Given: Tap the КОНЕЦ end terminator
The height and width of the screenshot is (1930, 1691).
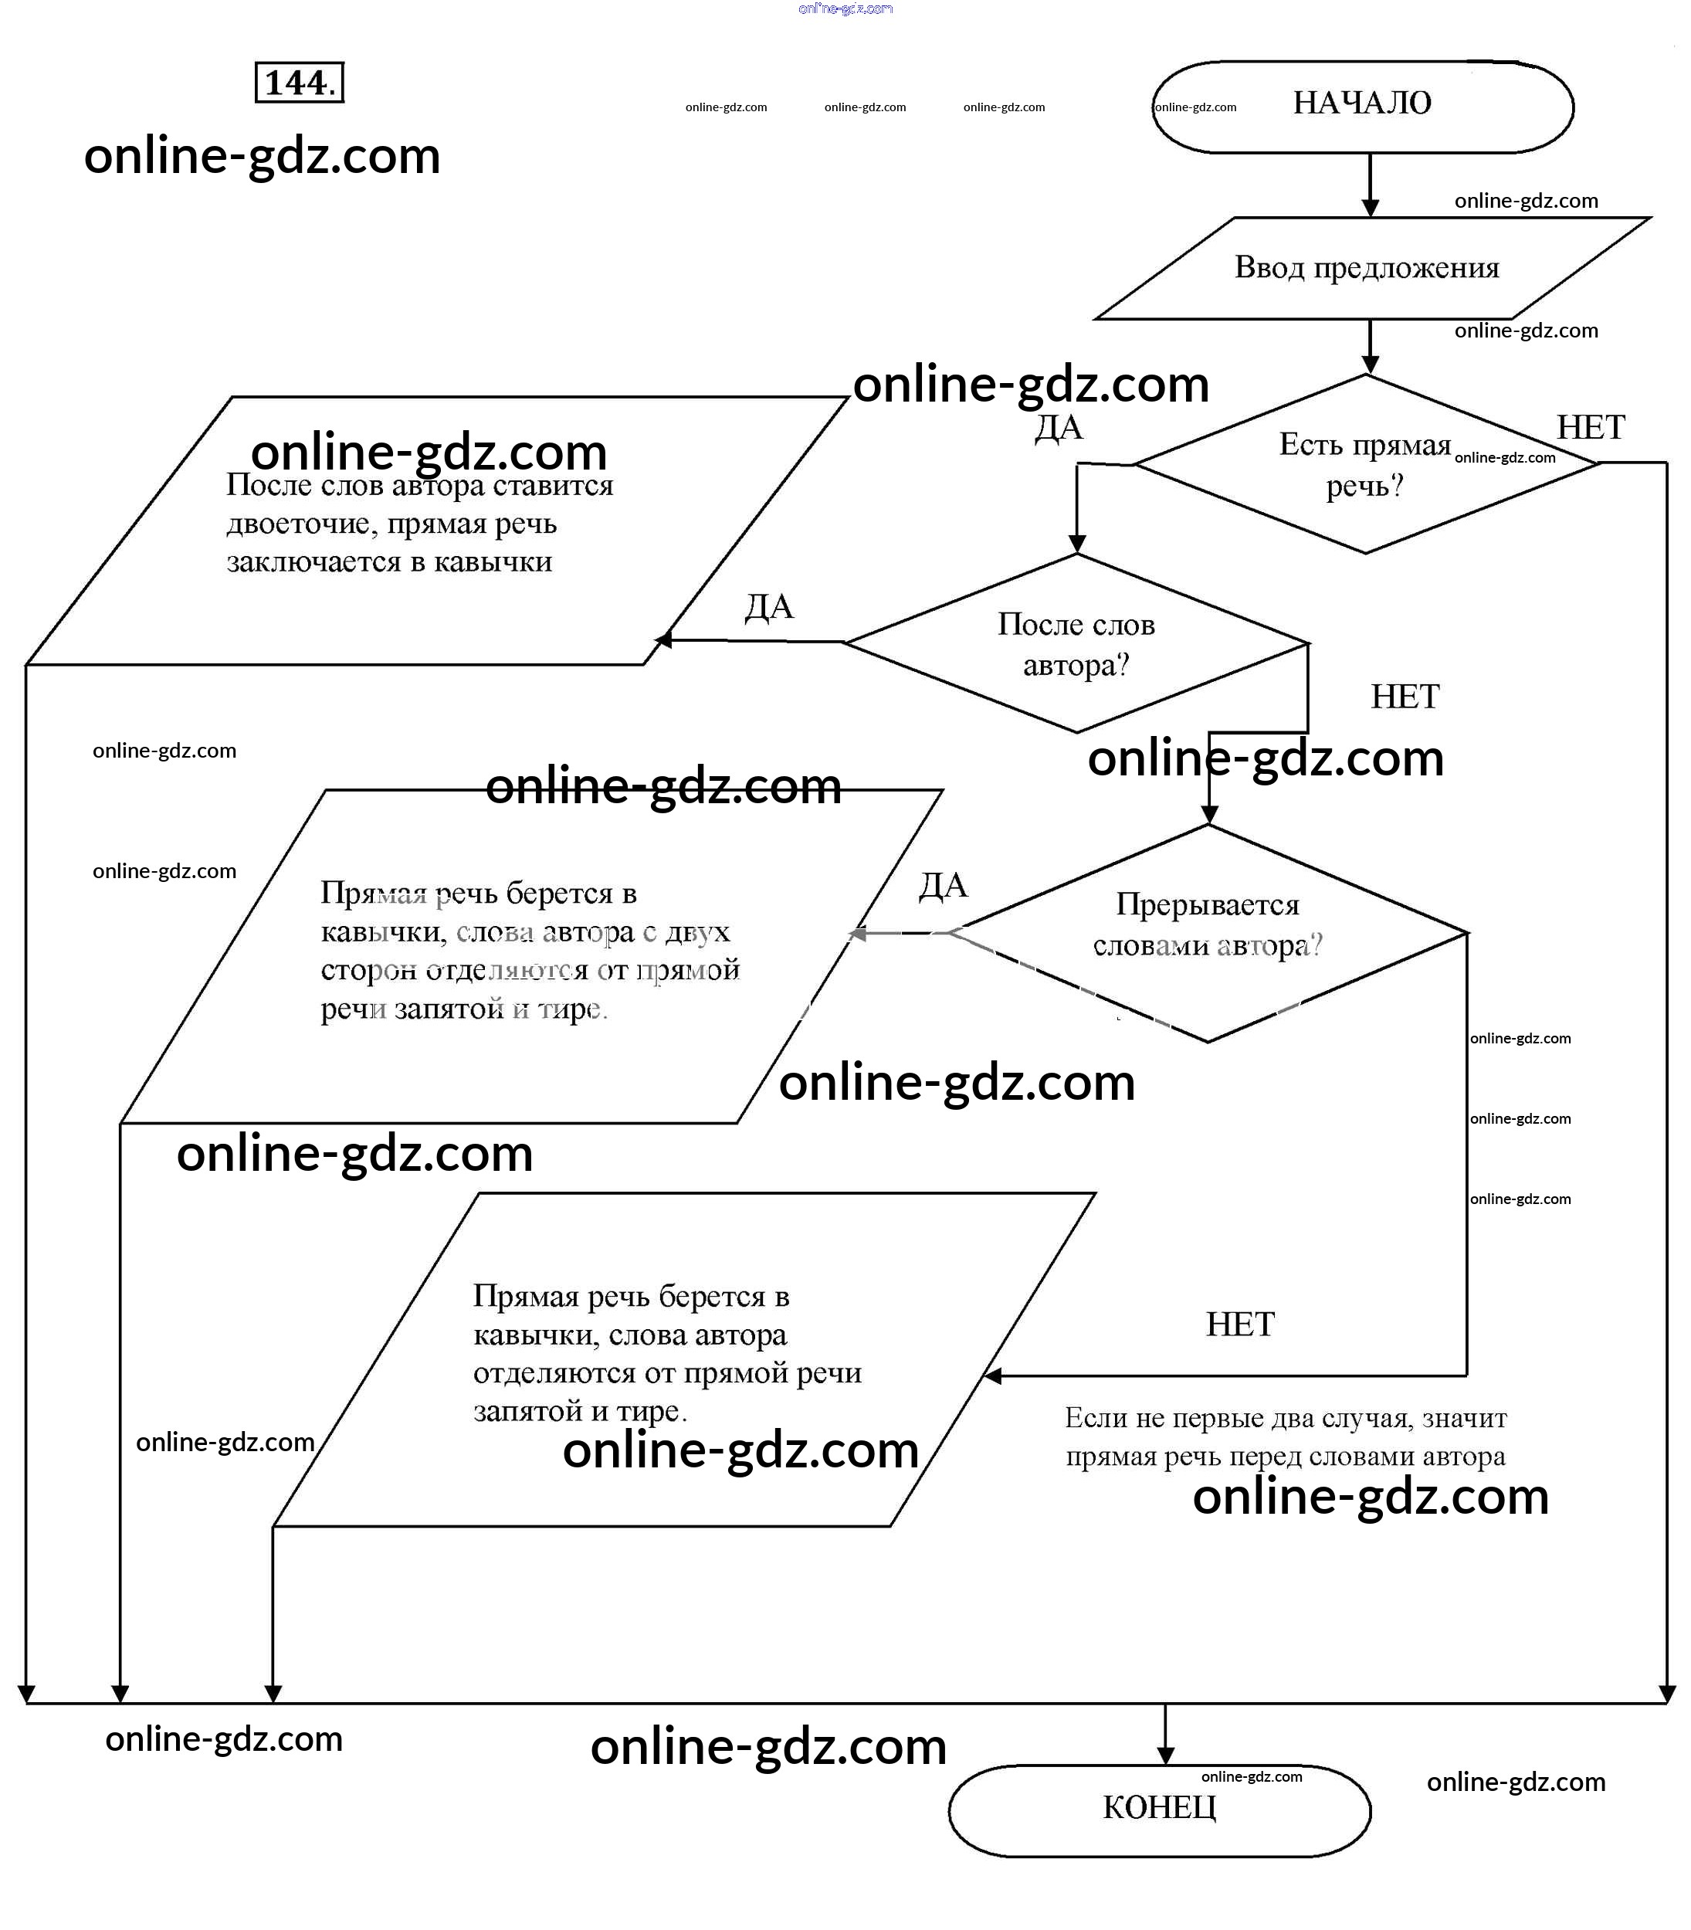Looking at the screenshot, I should click(1159, 1808).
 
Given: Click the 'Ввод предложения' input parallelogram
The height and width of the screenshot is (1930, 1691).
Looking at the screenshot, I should click(1367, 268).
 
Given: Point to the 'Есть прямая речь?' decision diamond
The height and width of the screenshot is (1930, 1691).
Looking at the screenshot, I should click(1364, 464).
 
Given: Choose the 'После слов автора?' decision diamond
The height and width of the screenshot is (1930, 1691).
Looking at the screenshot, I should click(1076, 643).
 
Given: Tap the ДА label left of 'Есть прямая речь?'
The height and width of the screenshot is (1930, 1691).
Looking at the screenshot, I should click(1058, 429).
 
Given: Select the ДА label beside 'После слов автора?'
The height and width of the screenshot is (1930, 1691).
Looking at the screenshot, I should click(769, 607).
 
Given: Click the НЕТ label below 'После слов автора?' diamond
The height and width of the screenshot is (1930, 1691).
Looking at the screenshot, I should click(1404, 697).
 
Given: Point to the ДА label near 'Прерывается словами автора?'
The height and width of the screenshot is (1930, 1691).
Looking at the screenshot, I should click(943, 885).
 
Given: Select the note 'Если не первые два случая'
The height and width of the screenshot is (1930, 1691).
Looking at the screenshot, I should click(1285, 1436).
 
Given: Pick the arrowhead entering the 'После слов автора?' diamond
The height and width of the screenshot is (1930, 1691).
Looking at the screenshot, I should click(1076, 544).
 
